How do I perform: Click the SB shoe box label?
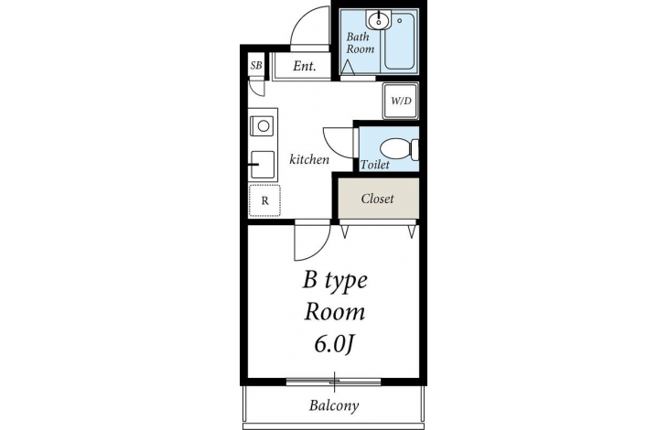(x=256, y=66)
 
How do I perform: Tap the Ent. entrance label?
(x=304, y=66)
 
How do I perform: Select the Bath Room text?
(x=360, y=43)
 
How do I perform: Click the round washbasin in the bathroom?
(x=377, y=20)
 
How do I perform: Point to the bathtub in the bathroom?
(x=400, y=41)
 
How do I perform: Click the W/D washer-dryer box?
(x=401, y=101)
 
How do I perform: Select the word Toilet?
(x=375, y=165)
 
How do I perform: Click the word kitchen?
(x=309, y=159)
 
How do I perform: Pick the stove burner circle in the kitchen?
(x=264, y=126)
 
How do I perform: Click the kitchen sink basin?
(x=263, y=165)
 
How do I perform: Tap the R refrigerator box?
(x=264, y=200)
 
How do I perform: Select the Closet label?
(x=377, y=199)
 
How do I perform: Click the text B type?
(x=335, y=281)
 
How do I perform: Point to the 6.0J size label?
(x=334, y=344)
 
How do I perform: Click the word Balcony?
(x=334, y=405)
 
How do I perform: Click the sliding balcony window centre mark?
(x=334, y=382)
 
